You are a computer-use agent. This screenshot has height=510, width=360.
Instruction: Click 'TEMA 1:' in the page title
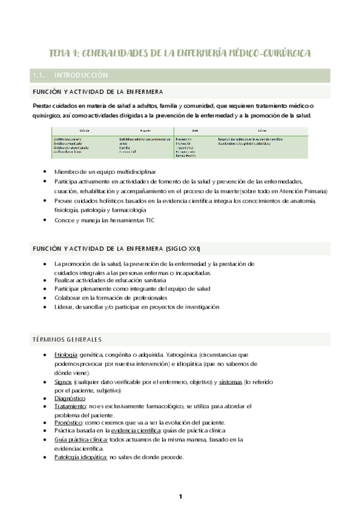click(63, 53)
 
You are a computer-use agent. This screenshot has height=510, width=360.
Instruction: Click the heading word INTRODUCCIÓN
click(81, 76)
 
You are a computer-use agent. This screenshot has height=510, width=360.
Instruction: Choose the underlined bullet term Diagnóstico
click(70, 398)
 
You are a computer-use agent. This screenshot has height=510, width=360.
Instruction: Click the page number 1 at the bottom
click(180, 496)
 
